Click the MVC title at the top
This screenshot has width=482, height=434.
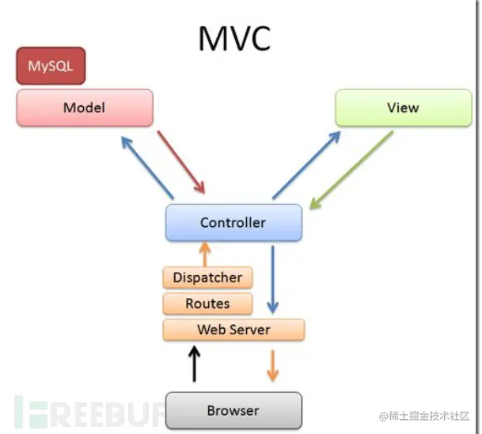(x=234, y=39)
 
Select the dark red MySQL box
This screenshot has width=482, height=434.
(x=51, y=66)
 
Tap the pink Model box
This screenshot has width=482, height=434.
(x=85, y=108)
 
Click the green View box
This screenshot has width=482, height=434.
(x=404, y=108)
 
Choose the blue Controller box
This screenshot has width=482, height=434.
(x=233, y=222)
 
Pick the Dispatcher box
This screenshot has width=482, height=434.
(x=207, y=277)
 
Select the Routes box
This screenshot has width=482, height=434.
(x=207, y=304)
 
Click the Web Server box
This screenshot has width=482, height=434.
(x=234, y=330)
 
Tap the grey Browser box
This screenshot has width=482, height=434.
(x=233, y=410)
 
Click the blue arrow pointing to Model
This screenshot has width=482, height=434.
(x=147, y=168)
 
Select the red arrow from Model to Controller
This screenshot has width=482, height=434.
(x=181, y=162)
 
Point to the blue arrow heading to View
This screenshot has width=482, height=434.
(x=306, y=165)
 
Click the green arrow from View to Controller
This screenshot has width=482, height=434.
(x=351, y=170)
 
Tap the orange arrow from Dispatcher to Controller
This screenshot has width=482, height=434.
(x=205, y=255)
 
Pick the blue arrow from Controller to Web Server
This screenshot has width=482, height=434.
(x=273, y=279)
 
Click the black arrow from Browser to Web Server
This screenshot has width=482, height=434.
(x=194, y=364)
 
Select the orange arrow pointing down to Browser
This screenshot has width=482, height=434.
(x=273, y=366)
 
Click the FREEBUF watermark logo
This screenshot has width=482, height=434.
(x=89, y=412)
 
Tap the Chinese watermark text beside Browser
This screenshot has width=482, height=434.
(x=424, y=416)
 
